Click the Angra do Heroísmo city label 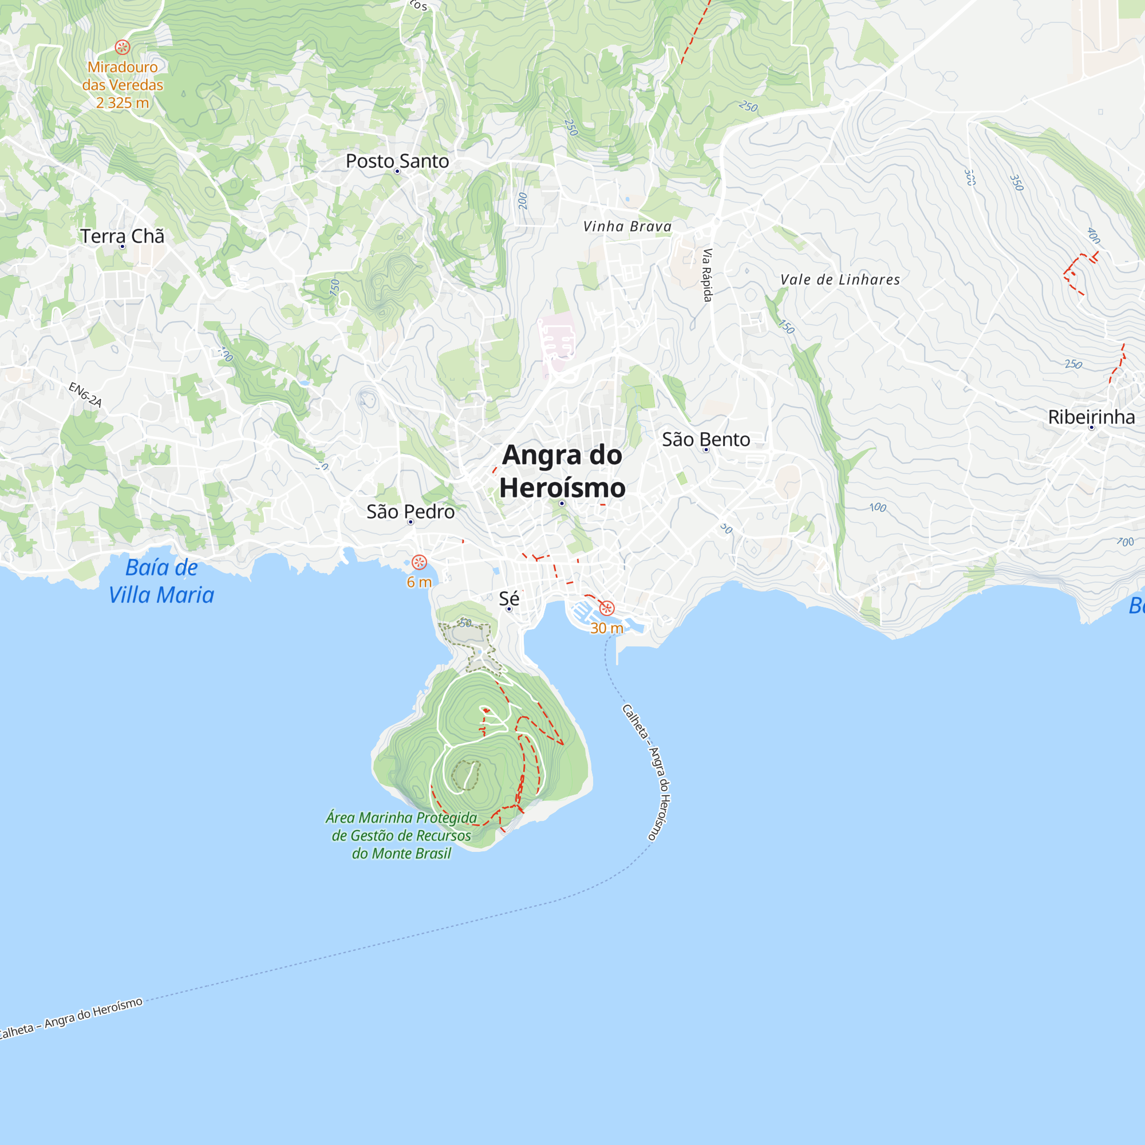[562, 472]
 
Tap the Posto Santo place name [397, 161]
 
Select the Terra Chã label [122, 236]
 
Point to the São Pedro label [410, 511]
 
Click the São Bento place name [706, 439]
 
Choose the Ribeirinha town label [1091, 417]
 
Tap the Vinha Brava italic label [627, 226]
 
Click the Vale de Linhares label [840, 280]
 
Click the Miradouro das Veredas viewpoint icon [123, 48]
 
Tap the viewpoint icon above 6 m [419, 562]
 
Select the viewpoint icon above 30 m [607, 608]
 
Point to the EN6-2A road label [85, 394]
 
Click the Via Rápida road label [707, 275]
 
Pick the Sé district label [508, 598]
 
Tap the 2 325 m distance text [122, 102]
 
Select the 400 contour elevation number [1093, 235]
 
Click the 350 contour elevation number [1016, 183]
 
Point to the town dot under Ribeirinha [1092, 428]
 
